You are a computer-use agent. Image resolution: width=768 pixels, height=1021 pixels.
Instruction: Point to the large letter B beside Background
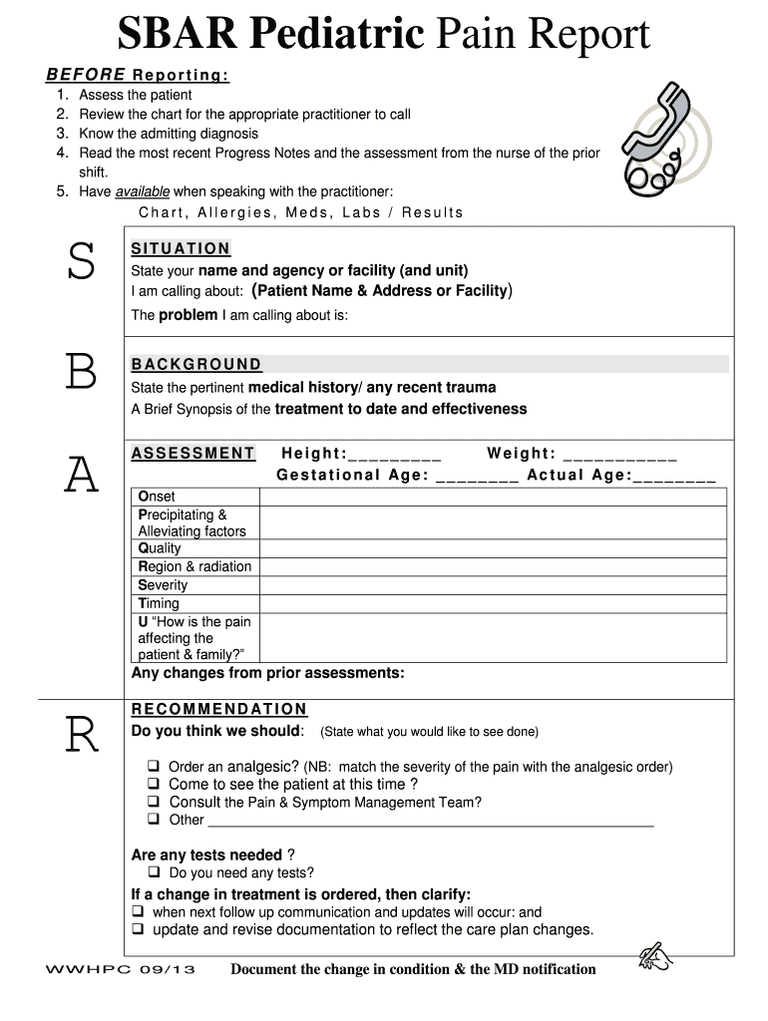[x=81, y=373]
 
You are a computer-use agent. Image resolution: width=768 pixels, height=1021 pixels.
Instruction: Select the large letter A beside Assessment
[x=82, y=475]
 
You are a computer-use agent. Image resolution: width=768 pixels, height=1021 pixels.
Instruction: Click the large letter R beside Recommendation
[x=81, y=737]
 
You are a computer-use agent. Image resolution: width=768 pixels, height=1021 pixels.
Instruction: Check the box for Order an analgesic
[x=155, y=767]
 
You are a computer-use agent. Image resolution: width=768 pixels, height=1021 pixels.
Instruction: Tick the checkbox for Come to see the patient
[x=155, y=785]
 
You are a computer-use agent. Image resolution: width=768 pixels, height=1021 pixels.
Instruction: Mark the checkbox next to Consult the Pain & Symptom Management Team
[x=155, y=802]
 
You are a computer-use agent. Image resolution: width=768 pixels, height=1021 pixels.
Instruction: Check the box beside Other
[x=155, y=820]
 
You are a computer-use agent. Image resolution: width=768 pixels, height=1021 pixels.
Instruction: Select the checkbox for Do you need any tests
[x=155, y=872]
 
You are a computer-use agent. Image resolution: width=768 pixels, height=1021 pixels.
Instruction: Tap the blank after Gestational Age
[x=477, y=478]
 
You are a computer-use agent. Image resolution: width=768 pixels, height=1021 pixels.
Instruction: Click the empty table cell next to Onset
[x=493, y=497]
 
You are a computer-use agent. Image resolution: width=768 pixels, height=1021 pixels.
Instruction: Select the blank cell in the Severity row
[x=493, y=585]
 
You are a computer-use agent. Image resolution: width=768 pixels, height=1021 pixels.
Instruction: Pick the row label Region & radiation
[x=194, y=567]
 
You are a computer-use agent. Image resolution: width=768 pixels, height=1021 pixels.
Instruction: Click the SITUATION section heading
[x=181, y=248]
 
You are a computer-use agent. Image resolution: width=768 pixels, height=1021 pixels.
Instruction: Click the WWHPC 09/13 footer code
[x=121, y=970]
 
